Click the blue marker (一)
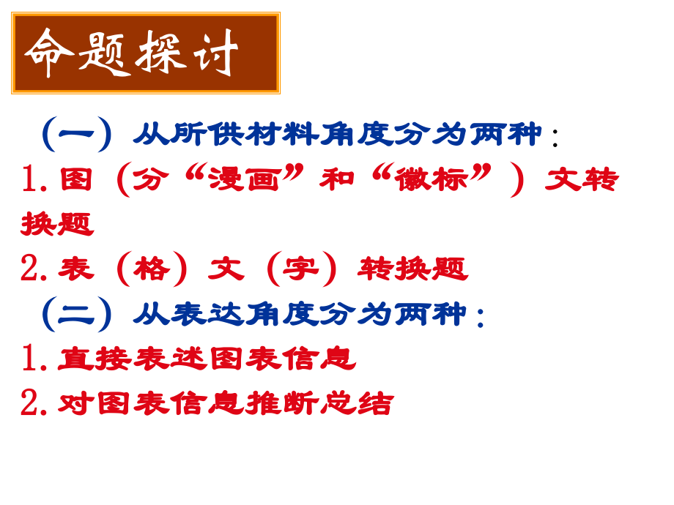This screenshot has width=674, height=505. (77, 134)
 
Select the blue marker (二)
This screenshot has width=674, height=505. (77, 313)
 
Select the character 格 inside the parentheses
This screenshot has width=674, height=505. (152, 269)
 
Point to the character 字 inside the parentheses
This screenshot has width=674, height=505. (301, 269)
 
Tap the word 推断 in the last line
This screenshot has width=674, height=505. (282, 403)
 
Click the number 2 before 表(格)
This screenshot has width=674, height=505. (30, 269)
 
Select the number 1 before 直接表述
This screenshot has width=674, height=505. (30, 359)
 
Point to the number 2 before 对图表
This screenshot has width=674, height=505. (30, 403)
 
